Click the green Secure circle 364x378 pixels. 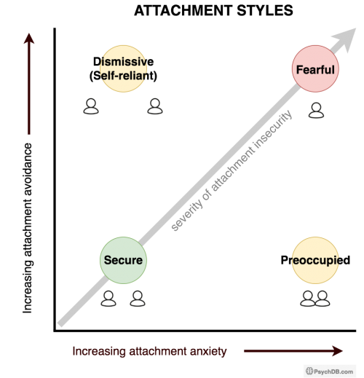[123, 260]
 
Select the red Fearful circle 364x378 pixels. [315, 68]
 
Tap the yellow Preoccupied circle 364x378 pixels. [315, 260]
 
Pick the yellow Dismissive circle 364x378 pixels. [123, 68]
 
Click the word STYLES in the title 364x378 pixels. [265, 10]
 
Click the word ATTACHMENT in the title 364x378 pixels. [183, 10]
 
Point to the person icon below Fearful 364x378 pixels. [316, 111]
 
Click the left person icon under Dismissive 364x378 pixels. [91, 106]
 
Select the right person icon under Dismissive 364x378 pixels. [155, 106]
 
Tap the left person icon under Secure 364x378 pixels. [108, 299]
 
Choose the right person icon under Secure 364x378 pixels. [138, 299]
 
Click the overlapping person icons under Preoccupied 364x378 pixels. [315, 299]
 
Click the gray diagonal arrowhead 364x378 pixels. [346, 39]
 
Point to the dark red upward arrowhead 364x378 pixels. [29, 39]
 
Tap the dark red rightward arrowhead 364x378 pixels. [338, 351]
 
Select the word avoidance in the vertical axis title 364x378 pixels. [28, 169]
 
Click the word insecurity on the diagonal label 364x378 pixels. [272, 129]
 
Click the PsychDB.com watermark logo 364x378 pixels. [330, 371]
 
